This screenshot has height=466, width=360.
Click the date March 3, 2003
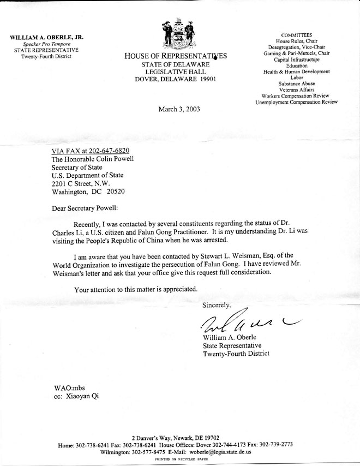179,109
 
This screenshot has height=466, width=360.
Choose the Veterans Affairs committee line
296,89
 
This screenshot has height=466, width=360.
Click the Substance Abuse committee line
296,83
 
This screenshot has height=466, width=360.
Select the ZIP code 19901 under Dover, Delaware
208,79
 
